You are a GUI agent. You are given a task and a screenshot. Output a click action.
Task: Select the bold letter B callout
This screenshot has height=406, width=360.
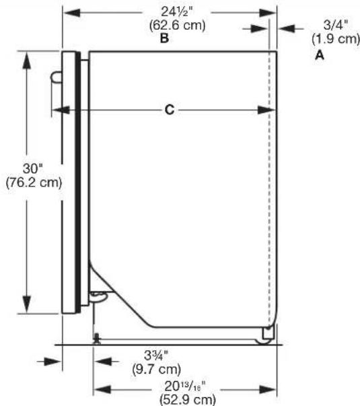[164, 39]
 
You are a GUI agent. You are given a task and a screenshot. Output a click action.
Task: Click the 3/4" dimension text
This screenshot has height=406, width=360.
[334, 25]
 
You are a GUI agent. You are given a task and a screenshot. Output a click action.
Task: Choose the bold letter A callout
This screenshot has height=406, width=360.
[320, 57]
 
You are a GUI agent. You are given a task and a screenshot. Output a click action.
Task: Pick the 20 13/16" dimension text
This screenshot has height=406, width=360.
[180, 387]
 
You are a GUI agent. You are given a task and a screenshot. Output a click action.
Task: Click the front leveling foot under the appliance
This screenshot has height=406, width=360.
[98, 339]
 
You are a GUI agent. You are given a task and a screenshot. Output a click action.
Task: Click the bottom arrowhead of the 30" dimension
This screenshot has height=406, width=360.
[27, 309]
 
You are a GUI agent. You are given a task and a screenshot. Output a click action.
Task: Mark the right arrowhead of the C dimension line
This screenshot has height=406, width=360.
[268, 110]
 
